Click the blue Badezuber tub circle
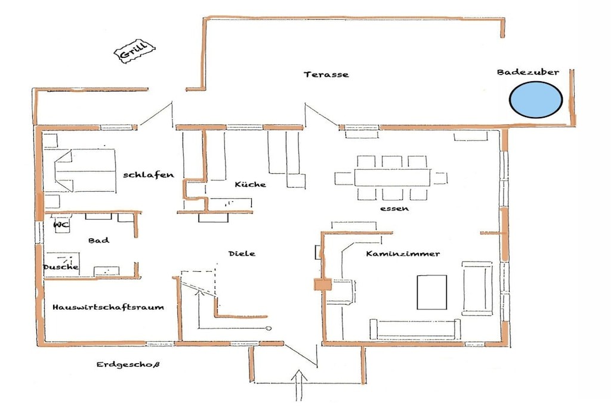pyautogui.click(x=536, y=100)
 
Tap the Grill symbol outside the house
pyautogui.click(x=134, y=51)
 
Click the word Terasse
pyautogui.click(x=326, y=75)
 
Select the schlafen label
pyautogui.click(x=149, y=175)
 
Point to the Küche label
pyautogui.click(x=251, y=184)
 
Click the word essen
pyautogui.click(x=394, y=208)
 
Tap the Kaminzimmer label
pyautogui.click(x=403, y=254)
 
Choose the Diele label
pyautogui.click(x=242, y=253)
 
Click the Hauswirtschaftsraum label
pyautogui.click(x=109, y=307)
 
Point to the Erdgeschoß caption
pyautogui.click(x=128, y=365)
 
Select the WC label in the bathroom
pyautogui.click(x=61, y=225)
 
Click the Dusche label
pyautogui.click(x=61, y=267)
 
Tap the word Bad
pyautogui.click(x=98, y=240)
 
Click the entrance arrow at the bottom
pyautogui.click(x=299, y=385)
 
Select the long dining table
pyautogui.click(x=393, y=177)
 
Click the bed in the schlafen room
pyautogui.click(x=85, y=170)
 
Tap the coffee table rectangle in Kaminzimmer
pyautogui.click(x=432, y=292)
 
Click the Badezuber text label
pyautogui.click(x=528, y=72)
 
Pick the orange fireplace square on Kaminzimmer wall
pyautogui.click(x=323, y=284)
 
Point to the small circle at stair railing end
pyautogui.click(x=268, y=329)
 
